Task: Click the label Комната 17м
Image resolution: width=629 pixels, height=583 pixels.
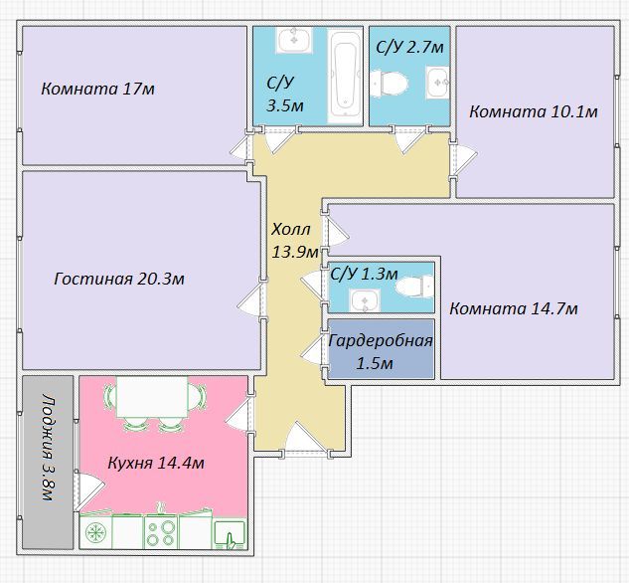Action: pos(98,89)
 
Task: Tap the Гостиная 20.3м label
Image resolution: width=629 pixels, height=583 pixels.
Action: pos(119,279)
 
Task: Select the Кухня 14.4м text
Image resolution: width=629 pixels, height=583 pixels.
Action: pos(156,463)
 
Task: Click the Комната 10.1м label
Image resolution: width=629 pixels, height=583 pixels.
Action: pos(534,111)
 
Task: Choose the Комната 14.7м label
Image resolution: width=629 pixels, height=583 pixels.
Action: pos(514,308)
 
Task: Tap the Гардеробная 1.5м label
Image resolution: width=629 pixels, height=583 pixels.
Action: pos(381,352)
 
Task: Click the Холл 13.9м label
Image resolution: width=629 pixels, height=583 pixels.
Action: pos(294,241)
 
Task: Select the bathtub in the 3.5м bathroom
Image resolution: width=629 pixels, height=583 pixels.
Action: pos(345,77)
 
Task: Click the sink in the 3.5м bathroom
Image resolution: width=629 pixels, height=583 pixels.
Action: pos(294,40)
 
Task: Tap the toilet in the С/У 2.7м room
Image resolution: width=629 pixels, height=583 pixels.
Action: pos(389,84)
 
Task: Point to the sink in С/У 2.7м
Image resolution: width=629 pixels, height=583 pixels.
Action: pos(437,83)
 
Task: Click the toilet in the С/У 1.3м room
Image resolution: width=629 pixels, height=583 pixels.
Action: pos(414,287)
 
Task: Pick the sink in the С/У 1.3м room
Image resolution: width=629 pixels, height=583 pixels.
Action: pos(365,300)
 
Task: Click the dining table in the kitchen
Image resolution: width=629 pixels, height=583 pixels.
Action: pos(152,397)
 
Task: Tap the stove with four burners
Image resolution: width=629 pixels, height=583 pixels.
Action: pos(161,532)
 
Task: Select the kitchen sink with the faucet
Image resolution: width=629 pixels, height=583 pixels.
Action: pos(230,534)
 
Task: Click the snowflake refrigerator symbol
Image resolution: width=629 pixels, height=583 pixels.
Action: pos(95,532)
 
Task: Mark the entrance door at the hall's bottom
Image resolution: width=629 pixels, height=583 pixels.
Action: pos(305,439)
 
